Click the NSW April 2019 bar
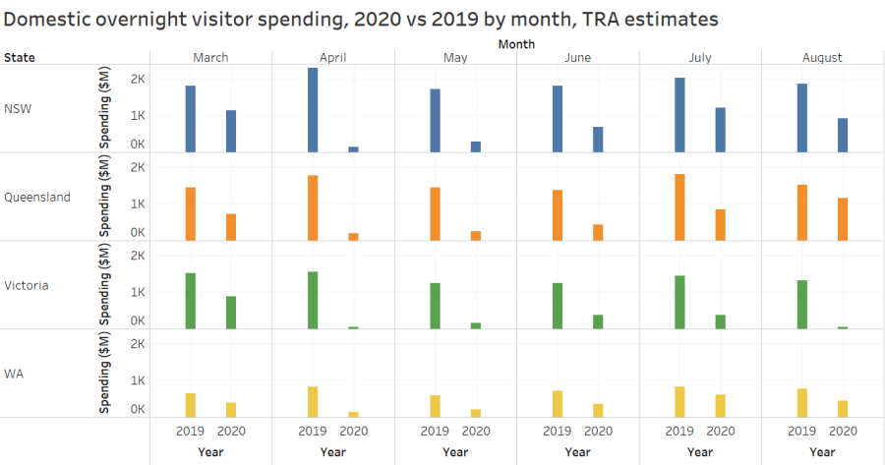(313, 110)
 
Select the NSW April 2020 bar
(353, 149)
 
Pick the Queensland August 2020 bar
(843, 219)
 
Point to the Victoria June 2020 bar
(598, 321)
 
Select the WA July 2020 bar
(720, 406)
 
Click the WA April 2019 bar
(313, 402)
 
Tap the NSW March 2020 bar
(231, 131)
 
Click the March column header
(210, 57)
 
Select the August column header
(822, 57)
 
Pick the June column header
(577, 57)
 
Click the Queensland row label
(37, 197)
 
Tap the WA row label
(15, 374)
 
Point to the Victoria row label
(27, 285)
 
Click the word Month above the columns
(516, 44)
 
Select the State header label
(20, 57)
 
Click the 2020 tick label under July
(720, 431)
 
